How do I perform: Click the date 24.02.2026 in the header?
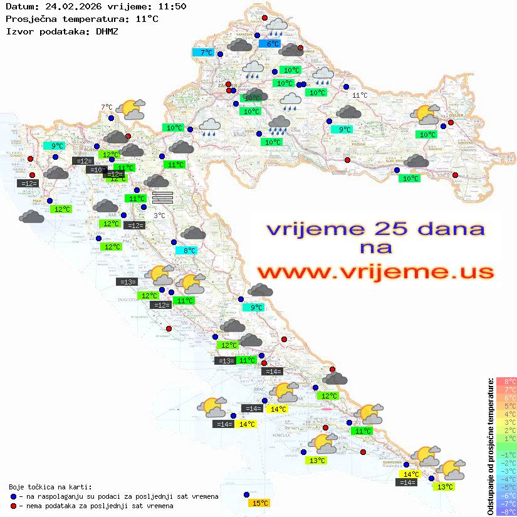pos(65,7)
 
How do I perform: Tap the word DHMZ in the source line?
pos(106,31)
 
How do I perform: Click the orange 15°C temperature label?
pos(259,503)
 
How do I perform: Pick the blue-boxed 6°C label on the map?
pos(273,44)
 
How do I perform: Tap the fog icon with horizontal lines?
pos(162,197)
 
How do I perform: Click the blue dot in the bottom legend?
pos(14,496)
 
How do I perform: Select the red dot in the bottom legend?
pos(14,506)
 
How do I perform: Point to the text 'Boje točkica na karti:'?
pos(50,486)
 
